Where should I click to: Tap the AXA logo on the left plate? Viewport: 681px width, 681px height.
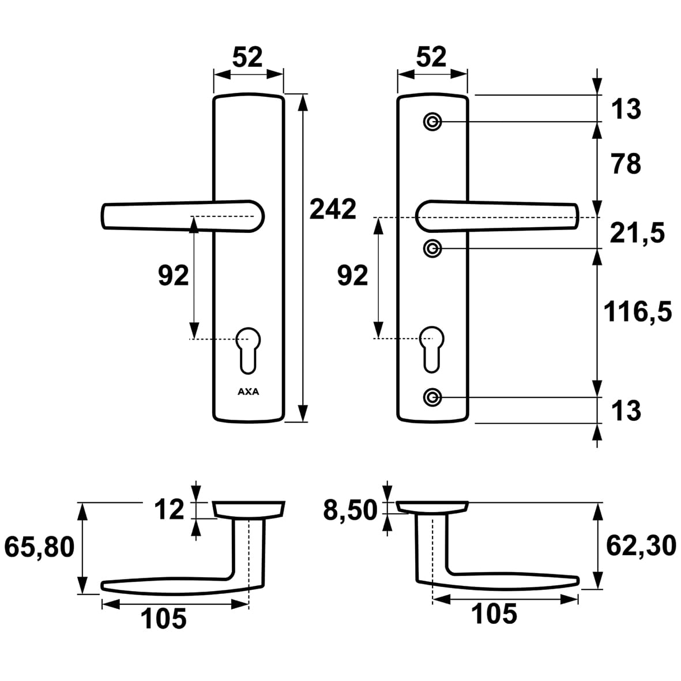click(x=249, y=392)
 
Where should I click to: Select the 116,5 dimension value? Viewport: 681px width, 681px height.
click(x=638, y=312)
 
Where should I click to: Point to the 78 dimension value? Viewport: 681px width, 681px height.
click(x=626, y=164)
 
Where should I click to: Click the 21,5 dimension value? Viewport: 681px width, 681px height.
click(x=637, y=233)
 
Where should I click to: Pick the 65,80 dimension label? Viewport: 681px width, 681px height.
click(x=40, y=547)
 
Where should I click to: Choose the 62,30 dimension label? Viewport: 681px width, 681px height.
click(x=641, y=545)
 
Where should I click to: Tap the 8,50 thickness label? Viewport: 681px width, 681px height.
click(x=351, y=510)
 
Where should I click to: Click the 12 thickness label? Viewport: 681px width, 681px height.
click(x=170, y=509)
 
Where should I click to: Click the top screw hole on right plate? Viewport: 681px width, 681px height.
click(x=432, y=122)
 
